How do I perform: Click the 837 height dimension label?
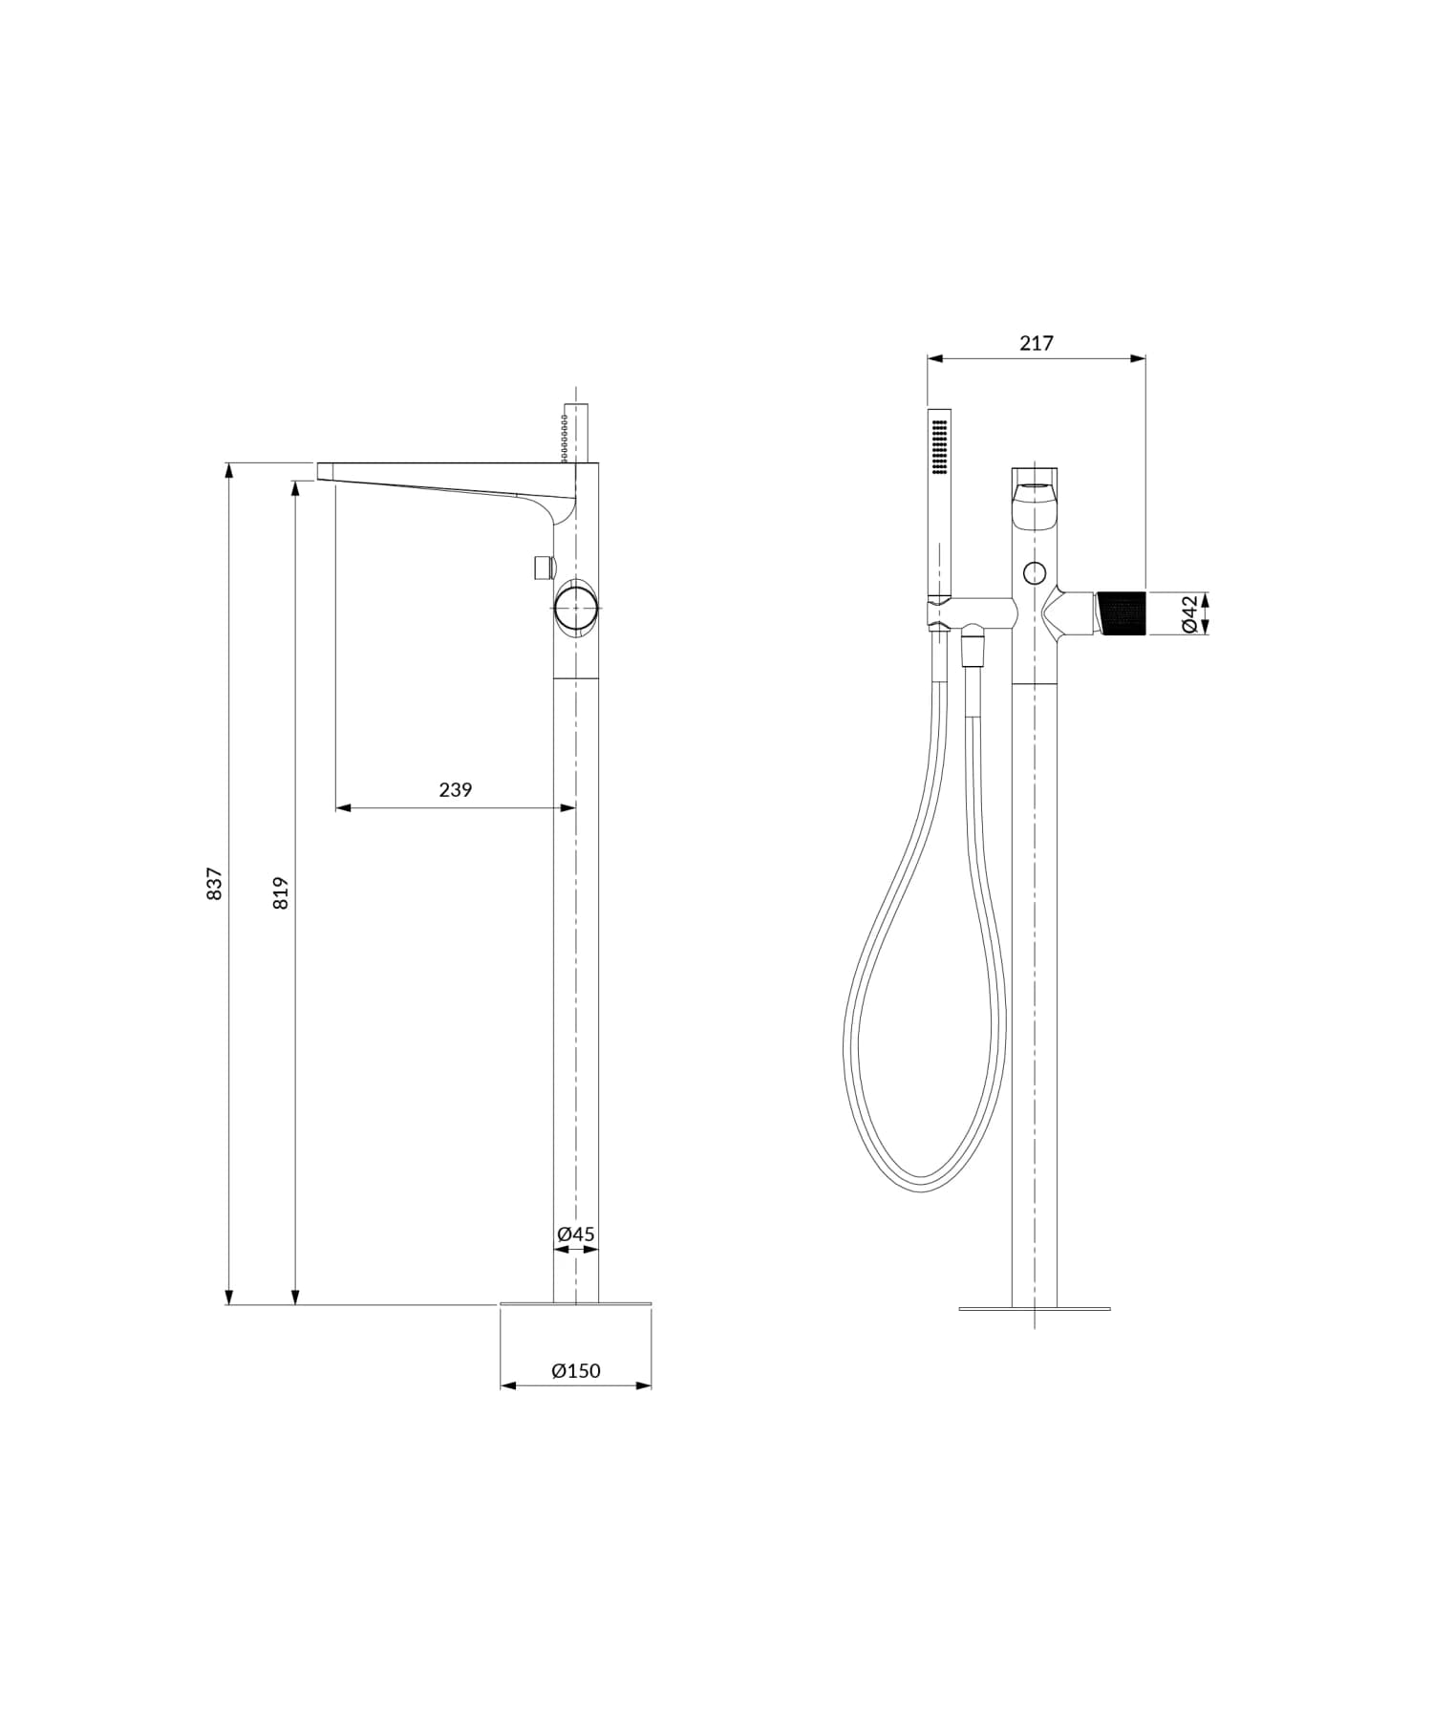tap(215, 883)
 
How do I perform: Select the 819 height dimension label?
tap(281, 892)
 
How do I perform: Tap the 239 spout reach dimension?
tap(456, 790)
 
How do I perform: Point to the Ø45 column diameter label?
tap(576, 1233)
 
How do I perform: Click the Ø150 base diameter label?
tap(576, 1371)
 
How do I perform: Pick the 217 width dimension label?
tap(1036, 343)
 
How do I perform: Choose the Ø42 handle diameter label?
tap(1189, 613)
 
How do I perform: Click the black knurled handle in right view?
tap(1123, 612)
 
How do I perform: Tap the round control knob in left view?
tap(576, 605)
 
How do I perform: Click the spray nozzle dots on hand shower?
tap(938, 446)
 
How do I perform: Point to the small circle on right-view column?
tap(1034, 573)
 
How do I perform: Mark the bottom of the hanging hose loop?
tap(922, 1185)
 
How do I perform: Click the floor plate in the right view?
tap(1035, 1308)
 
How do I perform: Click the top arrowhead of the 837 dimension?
tap(229, 470)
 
